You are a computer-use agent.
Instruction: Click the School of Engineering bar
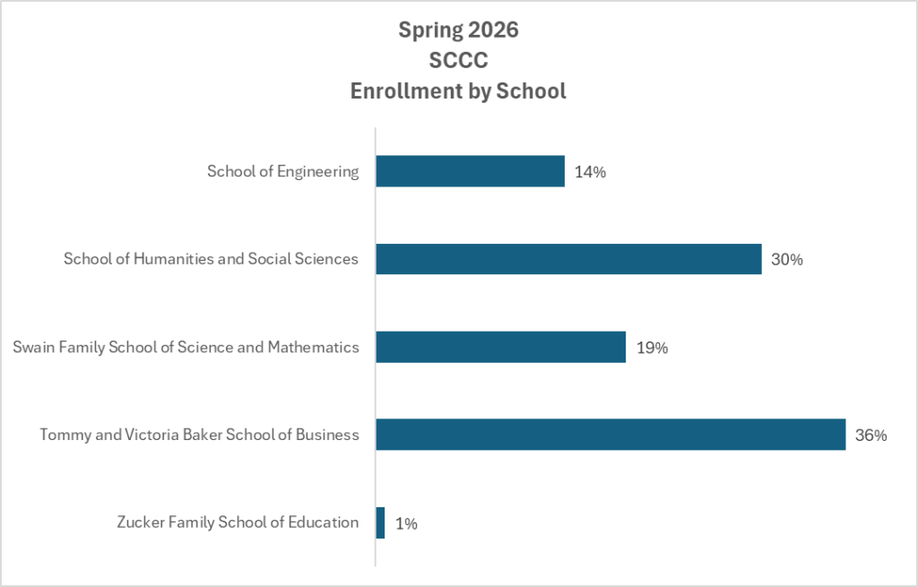tap(470, 171)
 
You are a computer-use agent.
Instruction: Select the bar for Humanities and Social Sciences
tap(568, 259)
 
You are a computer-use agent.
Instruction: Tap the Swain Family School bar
tap(500, 347)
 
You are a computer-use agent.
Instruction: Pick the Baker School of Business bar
tap(611, 435)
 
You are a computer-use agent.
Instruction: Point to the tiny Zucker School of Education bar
tap(380, 522)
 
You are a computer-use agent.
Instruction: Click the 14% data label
tap(591, 172)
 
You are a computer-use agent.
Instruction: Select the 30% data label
tap(787, 260)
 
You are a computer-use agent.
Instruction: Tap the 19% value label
tap(652, 348)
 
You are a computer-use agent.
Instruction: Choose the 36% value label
tap(871, 436)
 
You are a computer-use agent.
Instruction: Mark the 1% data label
tap(406, 523)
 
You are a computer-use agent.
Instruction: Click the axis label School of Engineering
tap(283, 171)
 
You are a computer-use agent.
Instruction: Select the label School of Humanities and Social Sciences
tap(211, 259)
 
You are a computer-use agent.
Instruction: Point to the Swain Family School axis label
tap(186, 347)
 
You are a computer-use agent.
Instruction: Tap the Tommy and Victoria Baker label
tap(199, 435)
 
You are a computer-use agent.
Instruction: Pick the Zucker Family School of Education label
tap(238, 522)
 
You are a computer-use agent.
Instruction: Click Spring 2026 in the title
tap(459, 30)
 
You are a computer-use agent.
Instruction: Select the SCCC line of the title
tap(459, 60)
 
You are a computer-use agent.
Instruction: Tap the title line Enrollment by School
tap(459, 91)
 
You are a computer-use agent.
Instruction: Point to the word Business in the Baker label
tap(329, 435)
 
